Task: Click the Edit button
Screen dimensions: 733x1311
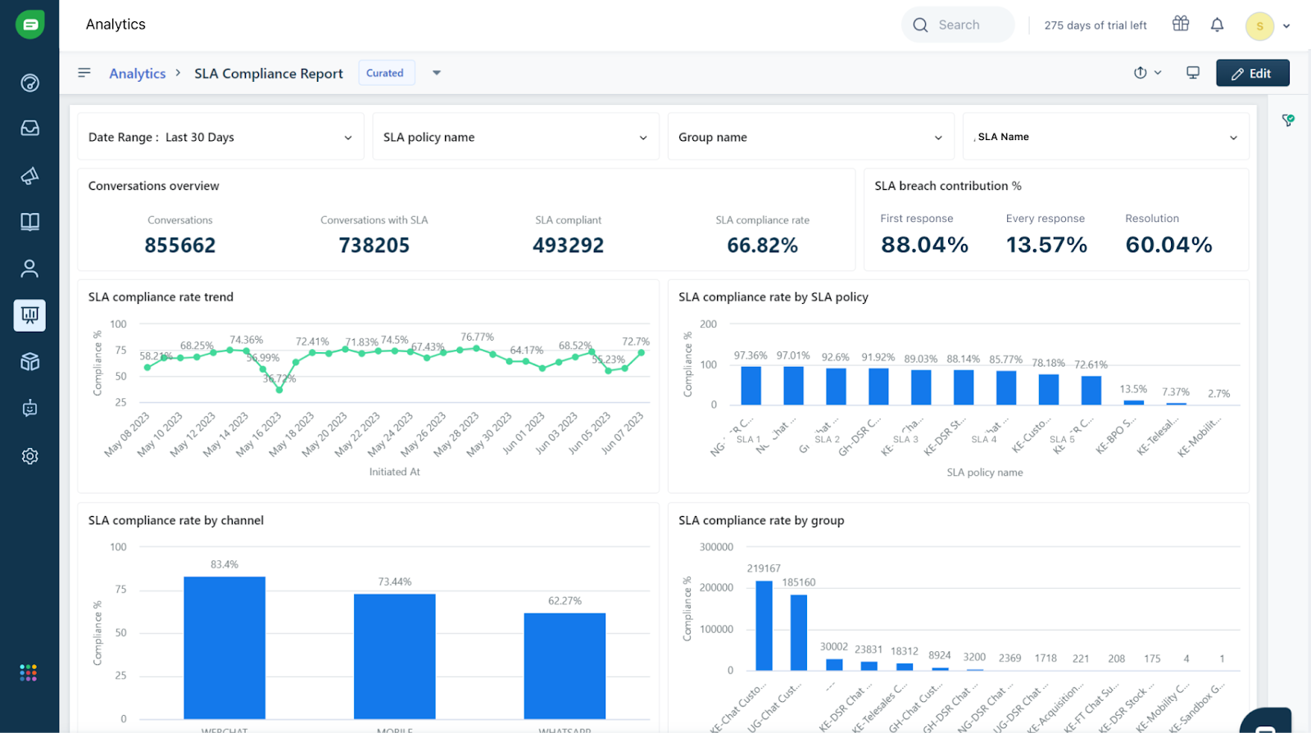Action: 1252,73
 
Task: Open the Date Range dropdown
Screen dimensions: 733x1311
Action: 220,137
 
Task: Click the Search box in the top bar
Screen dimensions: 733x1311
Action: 958,25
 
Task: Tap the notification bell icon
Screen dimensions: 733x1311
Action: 1217,25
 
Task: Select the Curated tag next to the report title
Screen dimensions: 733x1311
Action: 385,73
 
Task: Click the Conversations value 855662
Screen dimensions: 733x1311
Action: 180,245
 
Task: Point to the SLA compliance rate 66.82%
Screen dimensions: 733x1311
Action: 762,245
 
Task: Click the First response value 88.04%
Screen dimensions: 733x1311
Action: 924,245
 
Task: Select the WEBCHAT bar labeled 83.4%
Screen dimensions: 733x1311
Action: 225,647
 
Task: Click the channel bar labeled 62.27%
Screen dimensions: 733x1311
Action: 565,665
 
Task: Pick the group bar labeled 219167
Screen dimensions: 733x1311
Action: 764,626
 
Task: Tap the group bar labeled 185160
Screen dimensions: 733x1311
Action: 799,632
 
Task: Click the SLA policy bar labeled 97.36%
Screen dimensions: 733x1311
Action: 751,385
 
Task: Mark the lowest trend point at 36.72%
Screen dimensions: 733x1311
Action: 279,390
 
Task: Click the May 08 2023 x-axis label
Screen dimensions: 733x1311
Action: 128,434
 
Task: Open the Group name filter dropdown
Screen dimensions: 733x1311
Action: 810,137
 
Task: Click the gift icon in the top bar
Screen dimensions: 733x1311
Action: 1180,24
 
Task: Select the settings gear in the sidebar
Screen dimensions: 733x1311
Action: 30,456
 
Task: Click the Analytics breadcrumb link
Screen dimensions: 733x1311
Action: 137,74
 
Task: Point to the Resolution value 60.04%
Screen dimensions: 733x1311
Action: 1168,245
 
